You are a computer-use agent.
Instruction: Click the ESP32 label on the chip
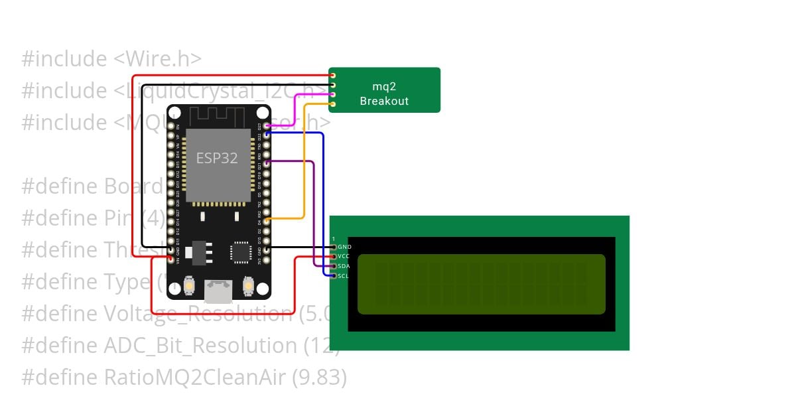click(x=217, y=158)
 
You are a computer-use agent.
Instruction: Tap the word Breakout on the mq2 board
click(x=384, y=102)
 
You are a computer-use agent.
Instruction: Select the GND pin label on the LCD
click(x=344, y=247)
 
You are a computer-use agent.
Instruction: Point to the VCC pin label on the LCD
click(x=344, y=256)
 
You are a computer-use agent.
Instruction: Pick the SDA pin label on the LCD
click(x=344, y=266)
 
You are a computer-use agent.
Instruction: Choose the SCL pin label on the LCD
click(x=343, y=275)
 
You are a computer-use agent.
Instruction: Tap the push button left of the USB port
click(x=189, y=286)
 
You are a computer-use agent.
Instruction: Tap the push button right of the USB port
click(x=248, y=286)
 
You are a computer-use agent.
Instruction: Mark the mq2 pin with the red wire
click(x=332, y=76)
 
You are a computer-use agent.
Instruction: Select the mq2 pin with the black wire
click(x=332, y=85)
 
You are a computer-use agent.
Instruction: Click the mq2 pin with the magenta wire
click(x=332, y=95)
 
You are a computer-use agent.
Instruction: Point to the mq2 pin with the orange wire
click(x=332, y=104)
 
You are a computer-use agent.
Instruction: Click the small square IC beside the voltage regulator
click(x=240, y=251)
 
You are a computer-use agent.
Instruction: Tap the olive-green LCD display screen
click(x=481, y=284)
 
